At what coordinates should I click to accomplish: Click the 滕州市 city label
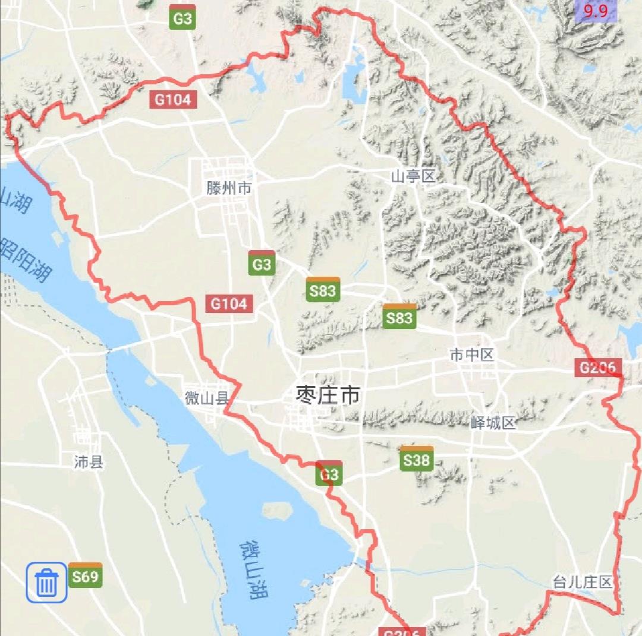pyautogui.click(x=229, y=189)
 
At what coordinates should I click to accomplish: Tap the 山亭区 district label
pyautogui.click(x=413, y=176)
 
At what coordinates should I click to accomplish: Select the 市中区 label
pyautogui.click(x=472, y=355)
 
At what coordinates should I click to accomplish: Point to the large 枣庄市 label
pyautogui.click(x=328, y=395)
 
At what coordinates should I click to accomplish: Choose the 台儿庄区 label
pyautogui.click(x=582, y=581)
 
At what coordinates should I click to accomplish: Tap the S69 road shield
pyautogui.click(x=85, y=575)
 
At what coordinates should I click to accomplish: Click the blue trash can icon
pyautogui.click(x=46, y=582)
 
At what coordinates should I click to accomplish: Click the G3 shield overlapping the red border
pyautogui.click(x=329, y=473)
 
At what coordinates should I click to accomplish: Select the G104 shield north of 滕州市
pyautogui.click(x=173, y=99)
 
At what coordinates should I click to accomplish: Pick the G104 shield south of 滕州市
pyautogui.click(x=229, y=304)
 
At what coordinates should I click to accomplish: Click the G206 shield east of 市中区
pyautogui.click(x=598, y=368)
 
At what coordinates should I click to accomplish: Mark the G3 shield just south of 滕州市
pyautogui.click(x=262, y=264)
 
